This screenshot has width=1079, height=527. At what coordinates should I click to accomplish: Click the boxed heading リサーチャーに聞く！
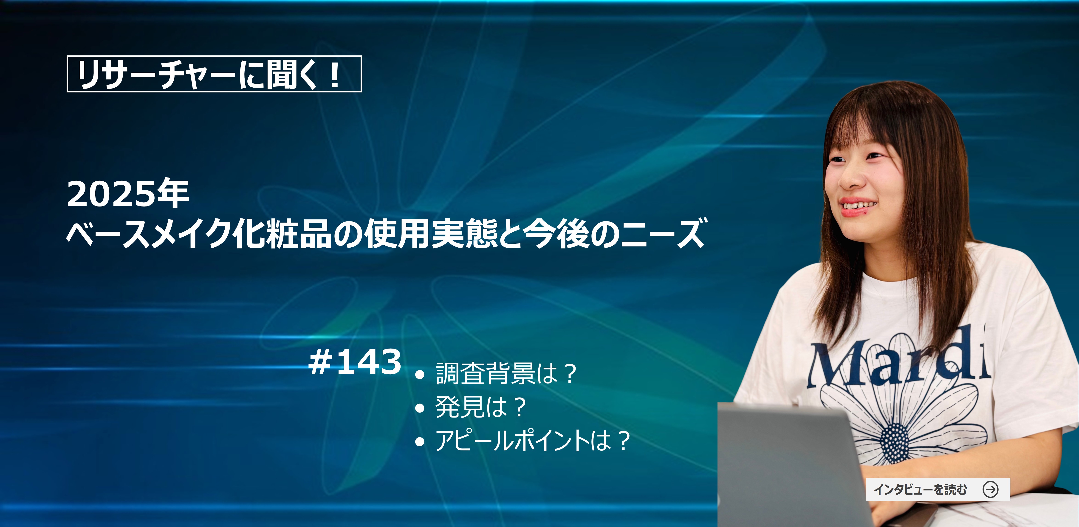point(214,74)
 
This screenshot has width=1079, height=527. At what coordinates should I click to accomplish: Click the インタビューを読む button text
point(920,489)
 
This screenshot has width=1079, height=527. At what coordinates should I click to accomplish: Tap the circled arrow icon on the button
point(991,489)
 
